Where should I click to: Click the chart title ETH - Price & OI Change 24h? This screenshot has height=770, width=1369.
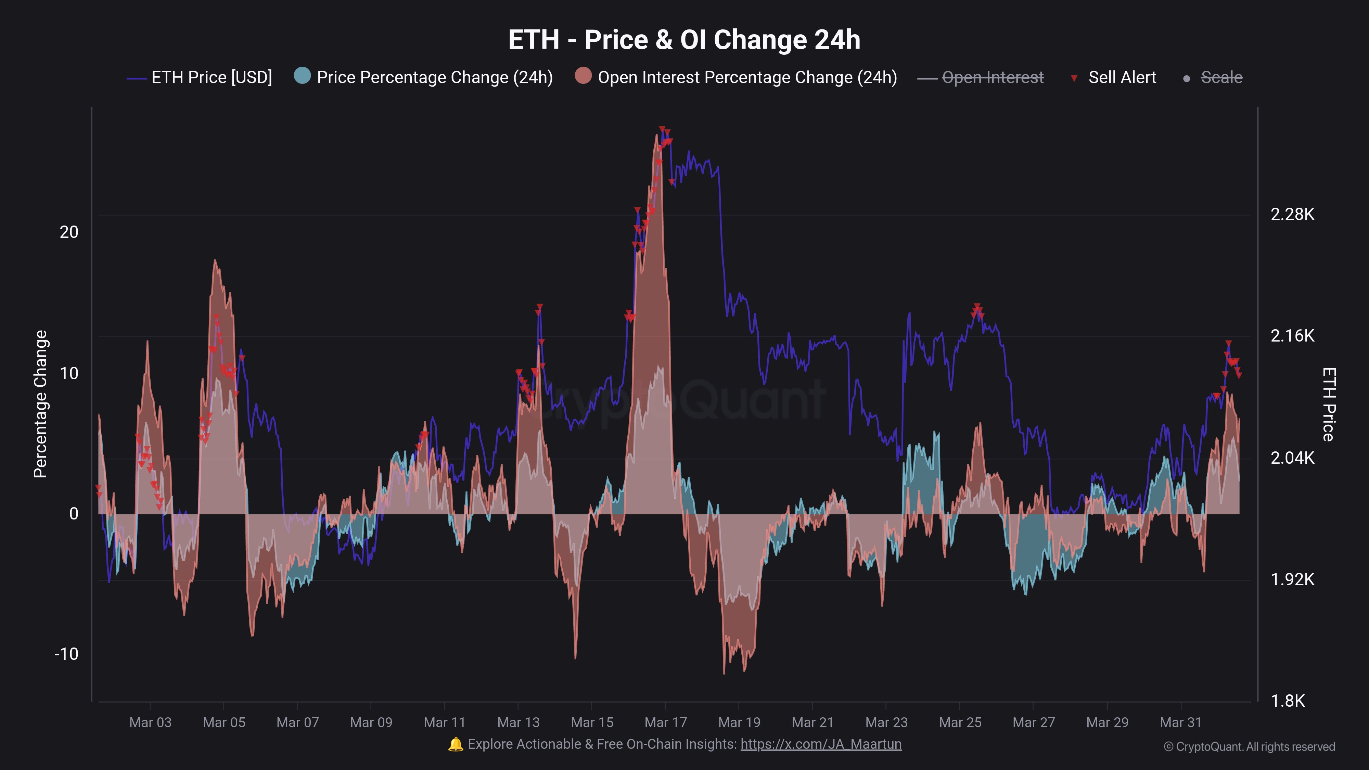[684, 40]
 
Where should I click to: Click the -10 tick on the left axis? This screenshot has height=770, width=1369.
[66, 654]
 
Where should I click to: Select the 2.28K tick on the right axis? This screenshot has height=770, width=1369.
[1292, 214]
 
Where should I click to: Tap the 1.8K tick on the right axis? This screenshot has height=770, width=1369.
[1287, 701]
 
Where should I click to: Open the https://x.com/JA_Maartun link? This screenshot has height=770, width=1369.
[821, 744]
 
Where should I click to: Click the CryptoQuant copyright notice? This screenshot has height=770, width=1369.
[1249, 747]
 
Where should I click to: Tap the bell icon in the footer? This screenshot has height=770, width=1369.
[456, 744]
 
